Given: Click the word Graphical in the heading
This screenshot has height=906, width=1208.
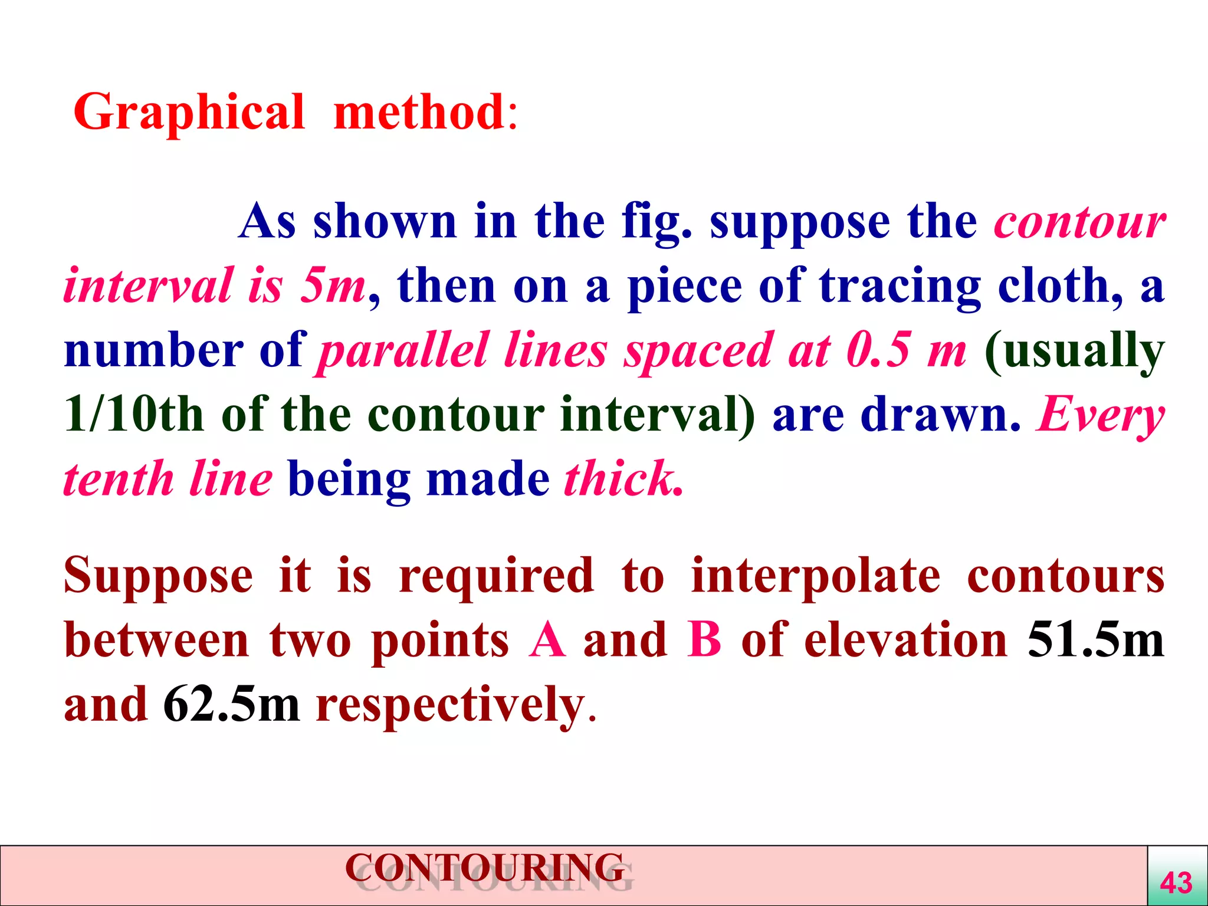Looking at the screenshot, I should [189, 112].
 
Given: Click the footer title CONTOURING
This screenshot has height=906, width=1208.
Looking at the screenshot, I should [485, 868].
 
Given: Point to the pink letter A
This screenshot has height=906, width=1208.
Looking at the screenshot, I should [547, 640].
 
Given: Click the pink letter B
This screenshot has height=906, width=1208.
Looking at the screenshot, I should [704, 640].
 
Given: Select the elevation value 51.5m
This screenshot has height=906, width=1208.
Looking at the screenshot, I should [1096, 640].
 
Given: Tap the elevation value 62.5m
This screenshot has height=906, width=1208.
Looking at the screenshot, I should [231, 704].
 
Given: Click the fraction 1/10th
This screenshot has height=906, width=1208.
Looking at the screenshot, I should [133, 415].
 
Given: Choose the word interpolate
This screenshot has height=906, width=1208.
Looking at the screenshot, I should [816, 576].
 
